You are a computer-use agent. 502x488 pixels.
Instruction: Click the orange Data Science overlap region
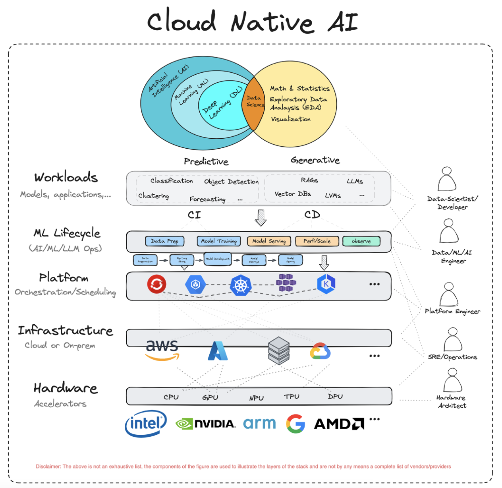pos(253,104)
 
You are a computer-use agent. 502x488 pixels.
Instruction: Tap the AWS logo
pos(162,349)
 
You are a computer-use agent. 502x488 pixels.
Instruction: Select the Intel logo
pos(146,424)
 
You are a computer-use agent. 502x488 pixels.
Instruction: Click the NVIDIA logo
pos(206,424)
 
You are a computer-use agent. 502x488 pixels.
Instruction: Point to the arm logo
pos(259,423)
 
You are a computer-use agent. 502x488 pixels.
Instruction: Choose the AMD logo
pos(339,424)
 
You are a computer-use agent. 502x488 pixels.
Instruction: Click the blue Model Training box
pos(219,241)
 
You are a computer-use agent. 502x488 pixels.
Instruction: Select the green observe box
pos(361,241)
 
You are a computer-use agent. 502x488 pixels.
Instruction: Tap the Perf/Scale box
pos(317,241)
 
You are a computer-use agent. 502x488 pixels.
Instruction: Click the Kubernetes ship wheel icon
pos(241,285)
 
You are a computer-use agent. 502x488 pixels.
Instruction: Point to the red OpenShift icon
pos(156,284)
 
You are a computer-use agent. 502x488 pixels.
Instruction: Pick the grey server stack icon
pos(278,351)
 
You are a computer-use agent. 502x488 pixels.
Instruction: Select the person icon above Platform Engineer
pos(449,294)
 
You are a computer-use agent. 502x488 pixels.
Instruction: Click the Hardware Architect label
pos(451,401)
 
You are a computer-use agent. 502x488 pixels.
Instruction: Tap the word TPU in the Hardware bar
pos(292,397)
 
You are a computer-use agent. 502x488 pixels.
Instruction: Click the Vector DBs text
pos(293,194)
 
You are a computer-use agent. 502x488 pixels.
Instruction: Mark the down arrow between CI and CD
pos(261,217)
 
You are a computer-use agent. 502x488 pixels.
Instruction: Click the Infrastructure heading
pos(66,331)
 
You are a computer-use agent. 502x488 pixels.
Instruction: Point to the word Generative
pos(315,160)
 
